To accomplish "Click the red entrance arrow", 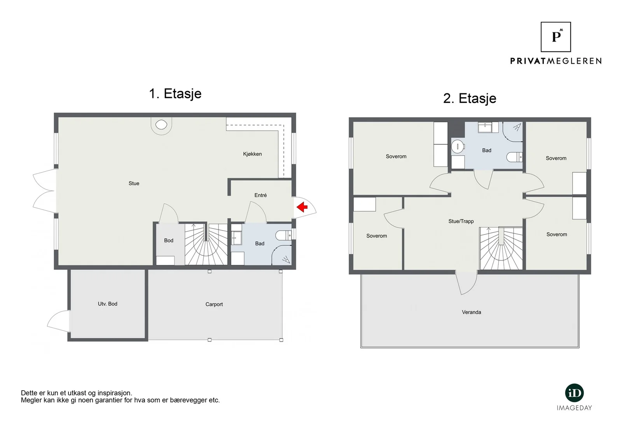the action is [x=302, y=207].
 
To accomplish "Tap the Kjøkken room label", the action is [x=252, y=154].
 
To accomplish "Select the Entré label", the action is [x=260, y=195].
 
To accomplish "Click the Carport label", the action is [x=214, y=304].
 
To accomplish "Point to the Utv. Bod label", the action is [x=107, y=304].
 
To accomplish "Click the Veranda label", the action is [x=472, y=312].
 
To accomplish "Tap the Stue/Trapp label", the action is [x=461, y=221].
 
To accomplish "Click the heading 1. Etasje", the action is [x=175, y=93].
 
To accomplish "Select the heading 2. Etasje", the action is [x=470, y=98].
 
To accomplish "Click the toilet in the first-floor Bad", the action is [x=283, y=235].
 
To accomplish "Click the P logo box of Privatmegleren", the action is [x=556, y=37].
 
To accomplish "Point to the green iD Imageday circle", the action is [x=574, y=393].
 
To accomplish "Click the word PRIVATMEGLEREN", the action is [x=556, y=61].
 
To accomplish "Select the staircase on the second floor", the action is [x=501, y=248].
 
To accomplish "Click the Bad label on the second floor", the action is [x=486, y=150].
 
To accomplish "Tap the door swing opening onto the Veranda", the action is [x=467, y=283].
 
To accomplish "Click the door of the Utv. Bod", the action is [x=58, y=321].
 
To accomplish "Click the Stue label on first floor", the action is [x=134, y=183].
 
